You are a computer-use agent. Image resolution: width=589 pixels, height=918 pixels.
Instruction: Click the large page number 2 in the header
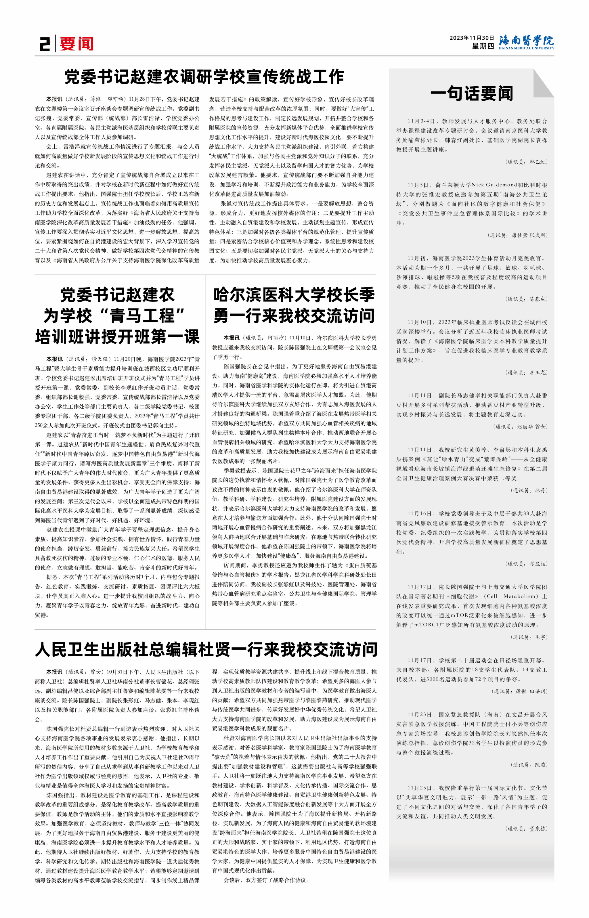click(45, 44)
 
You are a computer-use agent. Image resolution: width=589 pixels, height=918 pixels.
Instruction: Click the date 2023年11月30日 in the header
click(472, 38)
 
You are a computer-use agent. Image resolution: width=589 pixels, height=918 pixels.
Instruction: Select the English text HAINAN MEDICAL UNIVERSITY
click(526, 48)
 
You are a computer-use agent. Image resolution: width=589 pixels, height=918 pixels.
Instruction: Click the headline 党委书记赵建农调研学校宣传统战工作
click(204, 77)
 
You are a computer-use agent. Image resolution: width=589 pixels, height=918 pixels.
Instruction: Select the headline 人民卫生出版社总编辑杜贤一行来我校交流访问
click(206, 649)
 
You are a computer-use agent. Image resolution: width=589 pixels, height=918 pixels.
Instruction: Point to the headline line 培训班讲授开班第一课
click(117, 336)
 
